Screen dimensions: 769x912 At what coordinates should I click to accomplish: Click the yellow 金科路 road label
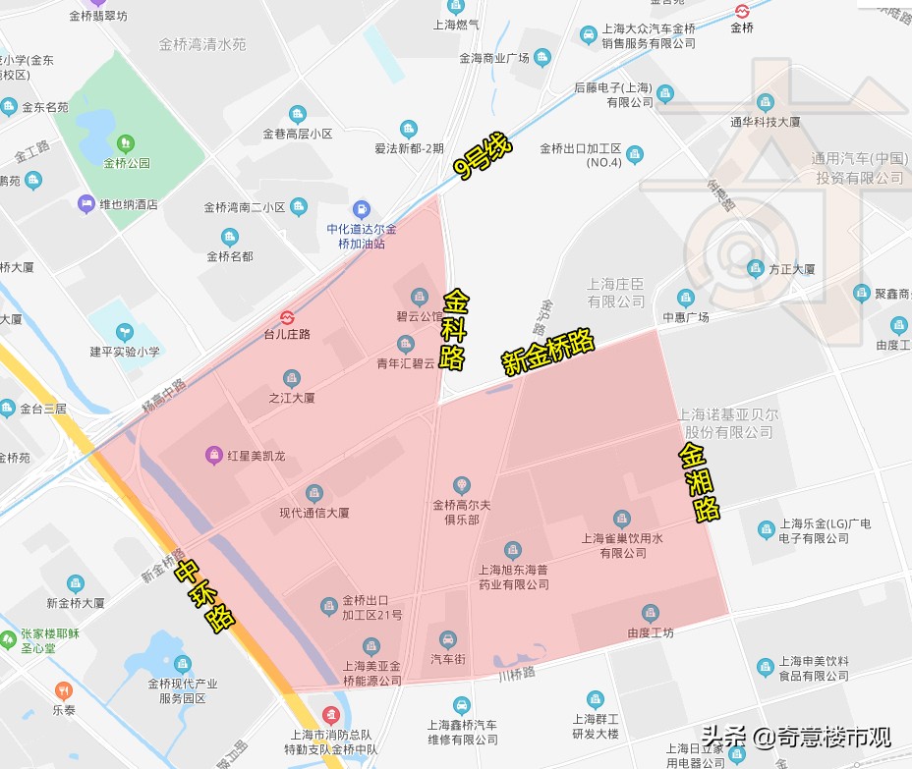454,328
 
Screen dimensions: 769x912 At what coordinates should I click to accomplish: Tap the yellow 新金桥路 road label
548,351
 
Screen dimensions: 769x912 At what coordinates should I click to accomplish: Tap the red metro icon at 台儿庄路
287,317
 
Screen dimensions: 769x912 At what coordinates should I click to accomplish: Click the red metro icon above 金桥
742,11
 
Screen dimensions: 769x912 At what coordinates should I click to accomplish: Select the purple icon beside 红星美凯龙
212,455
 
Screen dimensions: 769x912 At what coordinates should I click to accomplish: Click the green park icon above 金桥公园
126,144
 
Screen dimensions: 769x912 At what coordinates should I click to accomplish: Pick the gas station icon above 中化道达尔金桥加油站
362,209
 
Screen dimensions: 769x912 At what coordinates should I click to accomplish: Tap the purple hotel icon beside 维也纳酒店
85,204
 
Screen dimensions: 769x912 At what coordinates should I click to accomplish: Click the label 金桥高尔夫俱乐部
461,512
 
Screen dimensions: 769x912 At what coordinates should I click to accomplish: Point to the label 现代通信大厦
314,512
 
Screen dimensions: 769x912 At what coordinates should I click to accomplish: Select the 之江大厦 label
291,398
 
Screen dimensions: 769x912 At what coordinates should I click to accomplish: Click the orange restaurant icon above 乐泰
64,689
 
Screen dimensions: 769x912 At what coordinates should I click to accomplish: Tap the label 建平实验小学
124,351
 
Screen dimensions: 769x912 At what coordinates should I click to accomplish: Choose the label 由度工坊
651,632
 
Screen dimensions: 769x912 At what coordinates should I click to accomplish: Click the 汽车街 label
448,658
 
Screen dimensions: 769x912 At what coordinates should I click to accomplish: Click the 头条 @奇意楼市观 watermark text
796,737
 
